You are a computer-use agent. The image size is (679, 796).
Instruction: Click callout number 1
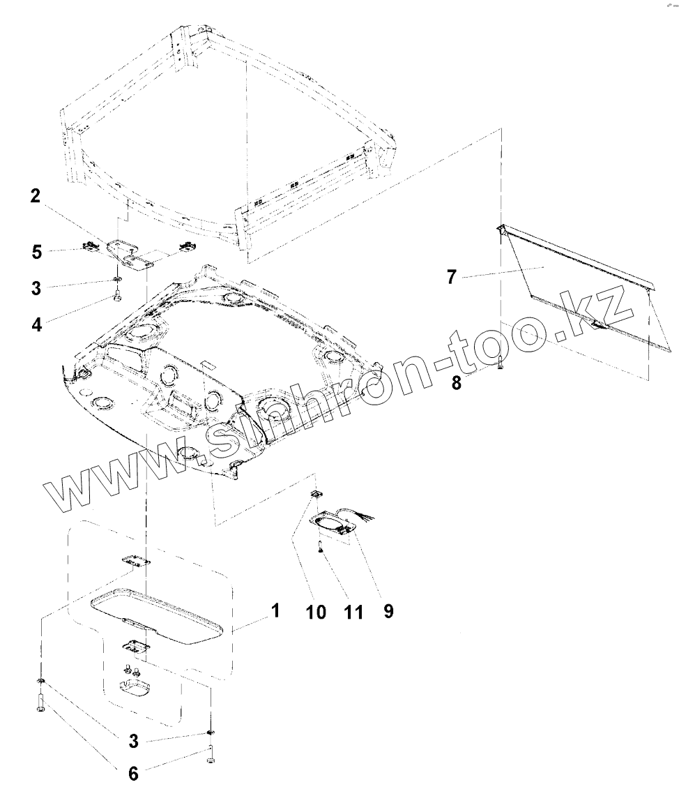pyautogui.click(x=275, y=610)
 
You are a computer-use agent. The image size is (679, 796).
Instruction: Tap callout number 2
pyautogui.click(x=35, y=195)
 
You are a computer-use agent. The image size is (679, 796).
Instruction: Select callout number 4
pyautogui.click(x=37, y=324)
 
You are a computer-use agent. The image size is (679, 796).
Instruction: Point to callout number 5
pyautogui.click(x=36, y=252)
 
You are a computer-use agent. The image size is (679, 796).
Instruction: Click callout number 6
pyautogui.click(x=133, y=774)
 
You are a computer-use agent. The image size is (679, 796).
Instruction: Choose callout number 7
pyautogui.click(x=452, y=277)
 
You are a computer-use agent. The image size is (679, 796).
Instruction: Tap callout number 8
pyautogui.click(x=457, y=383)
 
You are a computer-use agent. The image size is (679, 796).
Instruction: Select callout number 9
pyautogui.click(x=388, y=611)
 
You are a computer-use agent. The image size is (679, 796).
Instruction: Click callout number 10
pyautogui.click(x=316, y=613)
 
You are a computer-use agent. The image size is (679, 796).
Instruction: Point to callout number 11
pyautogui.click(x=353, y=613)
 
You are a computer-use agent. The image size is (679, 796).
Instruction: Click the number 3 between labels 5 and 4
pyautogui.click(x=36, y=288)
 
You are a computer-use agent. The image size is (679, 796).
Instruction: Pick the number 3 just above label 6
pyautogui.click(x=133, y=741)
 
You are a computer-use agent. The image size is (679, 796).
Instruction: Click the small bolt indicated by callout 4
pyautogui.click(x=118, y=295)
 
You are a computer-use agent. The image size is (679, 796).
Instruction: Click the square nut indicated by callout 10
pyautogui.click(x=315, y=494)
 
